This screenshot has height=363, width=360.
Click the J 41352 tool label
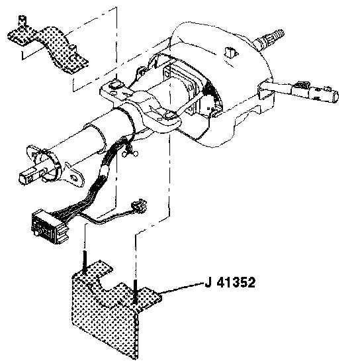click(x=230, y=282)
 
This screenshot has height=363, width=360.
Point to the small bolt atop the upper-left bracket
click(x=22, y=20)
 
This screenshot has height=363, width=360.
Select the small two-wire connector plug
click(x=139, y=205)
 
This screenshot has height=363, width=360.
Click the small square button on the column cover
click(x=230, y=52)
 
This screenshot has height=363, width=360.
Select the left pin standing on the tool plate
click(x=85, y=262)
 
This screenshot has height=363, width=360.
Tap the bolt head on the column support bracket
click(x=116, y=84)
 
